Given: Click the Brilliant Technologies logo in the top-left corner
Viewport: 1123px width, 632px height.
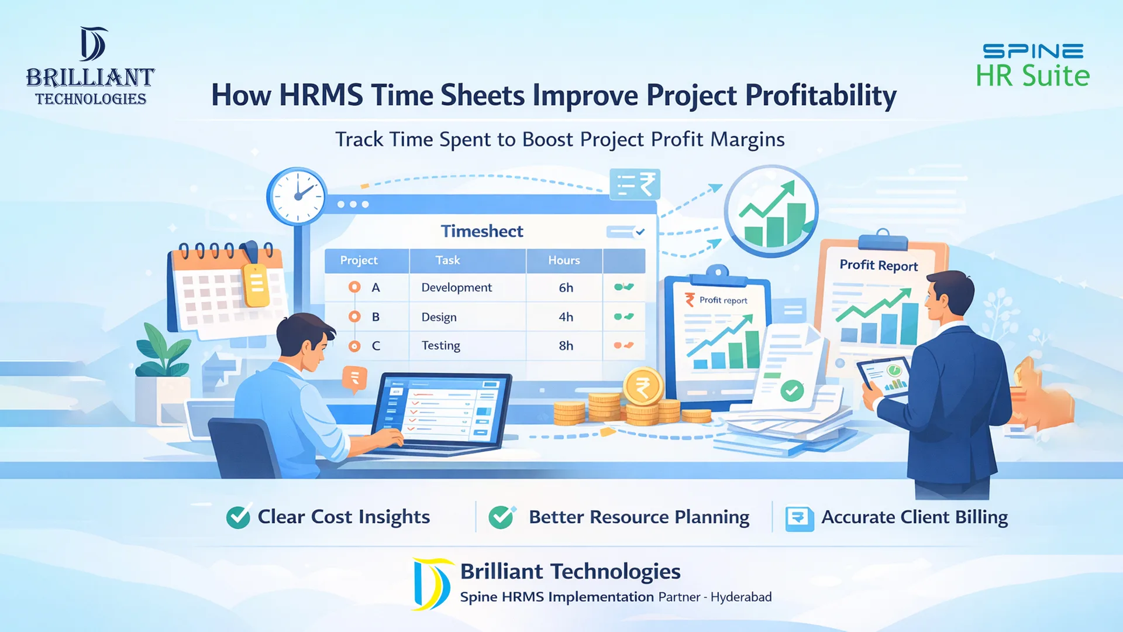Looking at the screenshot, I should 91,66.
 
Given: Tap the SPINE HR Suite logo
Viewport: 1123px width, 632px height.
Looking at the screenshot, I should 1032,66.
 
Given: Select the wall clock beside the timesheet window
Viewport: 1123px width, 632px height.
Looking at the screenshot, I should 297,195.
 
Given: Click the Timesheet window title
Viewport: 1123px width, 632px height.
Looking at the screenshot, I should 482,231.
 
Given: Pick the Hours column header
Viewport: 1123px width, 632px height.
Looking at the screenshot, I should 564,260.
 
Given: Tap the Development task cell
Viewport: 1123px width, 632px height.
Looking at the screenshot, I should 456,287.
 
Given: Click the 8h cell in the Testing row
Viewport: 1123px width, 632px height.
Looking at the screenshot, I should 566,345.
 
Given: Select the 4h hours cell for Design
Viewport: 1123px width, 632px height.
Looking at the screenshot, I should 566,317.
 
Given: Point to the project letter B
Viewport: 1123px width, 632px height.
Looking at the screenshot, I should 376,317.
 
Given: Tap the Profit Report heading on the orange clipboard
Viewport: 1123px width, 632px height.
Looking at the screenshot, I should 879,265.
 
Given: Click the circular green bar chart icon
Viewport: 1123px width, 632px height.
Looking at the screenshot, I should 771,211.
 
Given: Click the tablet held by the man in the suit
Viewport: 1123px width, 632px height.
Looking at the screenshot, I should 884,377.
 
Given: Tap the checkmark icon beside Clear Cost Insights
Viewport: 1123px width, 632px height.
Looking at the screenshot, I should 238,517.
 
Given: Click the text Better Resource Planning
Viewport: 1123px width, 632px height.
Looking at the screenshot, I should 639,517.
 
